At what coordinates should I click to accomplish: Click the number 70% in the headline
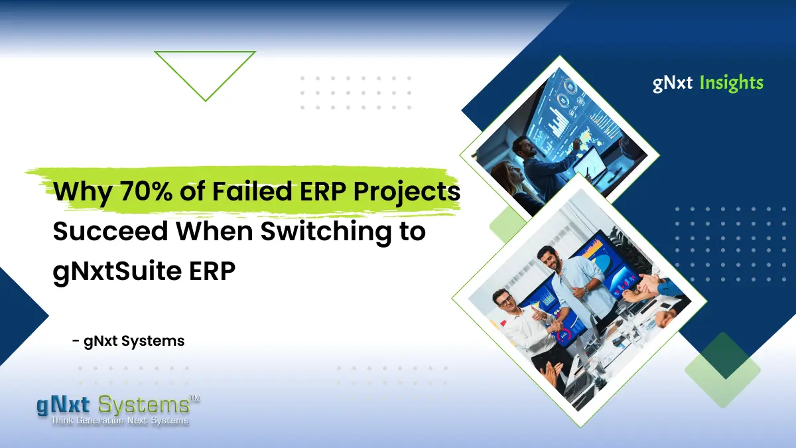pyautogui.click(x=146, y=191)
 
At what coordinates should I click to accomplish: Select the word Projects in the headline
pyautogui.click(x=407, y=192)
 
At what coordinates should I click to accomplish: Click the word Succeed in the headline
pyautogui.click(x=111, y=231)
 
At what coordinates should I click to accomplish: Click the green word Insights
pyautogui.click(x=731, y=84)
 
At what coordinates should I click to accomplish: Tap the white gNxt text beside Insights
pyautogui.click(x=673, y=84)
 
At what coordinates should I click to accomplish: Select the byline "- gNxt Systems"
pyautogui.click(x=128, y=341)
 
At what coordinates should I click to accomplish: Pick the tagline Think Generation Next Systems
pyautogui.click(x=120, y=421)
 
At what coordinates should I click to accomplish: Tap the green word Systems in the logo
pyautogui.click(x=143, y=405)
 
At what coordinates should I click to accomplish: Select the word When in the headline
pyautogui.click(x=214, y=231)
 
